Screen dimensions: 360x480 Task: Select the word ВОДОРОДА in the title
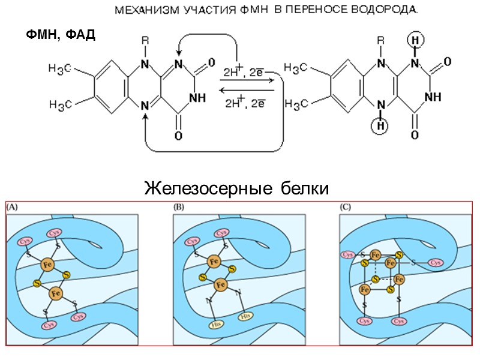click(x=385, y=11)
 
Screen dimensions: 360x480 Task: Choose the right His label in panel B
click(x=245, y=314)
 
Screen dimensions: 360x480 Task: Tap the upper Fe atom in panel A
click(x=47, y=263)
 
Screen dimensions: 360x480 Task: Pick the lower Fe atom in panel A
click(x=56, y=293)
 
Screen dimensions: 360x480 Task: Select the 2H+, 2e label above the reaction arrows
click(x=244, y=71)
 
